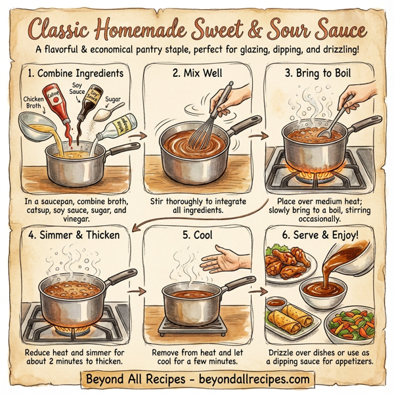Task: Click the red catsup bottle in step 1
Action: [57, 105]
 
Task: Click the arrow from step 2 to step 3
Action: [257, 136]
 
